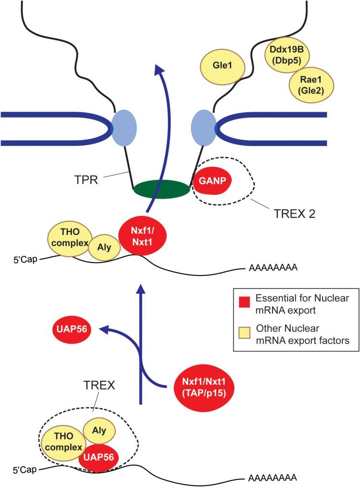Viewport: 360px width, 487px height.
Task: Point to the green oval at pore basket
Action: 161,189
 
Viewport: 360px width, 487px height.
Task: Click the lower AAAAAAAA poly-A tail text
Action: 271,478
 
